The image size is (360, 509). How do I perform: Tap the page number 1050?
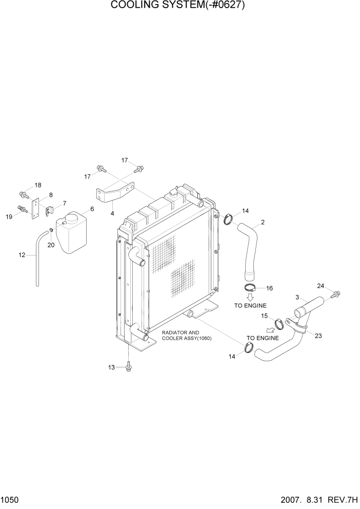pyautogui.click(x=10, y=500)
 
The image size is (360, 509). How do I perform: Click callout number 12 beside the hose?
pyautogui.click(x=22, y=254)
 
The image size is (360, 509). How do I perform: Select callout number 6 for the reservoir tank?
pyautogui.click(x=92, y=209)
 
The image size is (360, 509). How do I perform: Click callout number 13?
pyautogui.click(x=112, y=367)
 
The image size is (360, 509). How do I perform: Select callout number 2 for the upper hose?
pyautogui.click(x=263, y=222)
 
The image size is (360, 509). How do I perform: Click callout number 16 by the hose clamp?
pyautogui.click(x=269, y=288)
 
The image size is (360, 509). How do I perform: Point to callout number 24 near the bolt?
pyautogui.click(x=321, y=286)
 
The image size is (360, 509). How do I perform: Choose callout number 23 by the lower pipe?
pyautogui.click(x=318, y=337)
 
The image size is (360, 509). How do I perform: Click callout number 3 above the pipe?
pyautogui.click(x=297, y=298)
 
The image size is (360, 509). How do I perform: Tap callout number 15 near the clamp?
pyautogui.click(x=265, y=316)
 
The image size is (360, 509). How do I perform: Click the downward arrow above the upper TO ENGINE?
pyautogui.click(x=250, y=297)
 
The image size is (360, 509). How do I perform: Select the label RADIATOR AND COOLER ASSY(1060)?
pyautogui.click(x=187, y=336)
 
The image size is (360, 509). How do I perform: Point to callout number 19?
pyautogui.click(x=9, y=217)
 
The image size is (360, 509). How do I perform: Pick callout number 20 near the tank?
pyautogui.click(x=51, y=245)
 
